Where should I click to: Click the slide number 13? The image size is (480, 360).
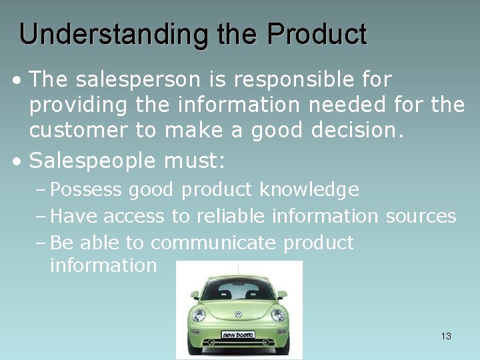pos(446,336)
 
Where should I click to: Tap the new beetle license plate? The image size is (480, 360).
pos(238,334)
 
